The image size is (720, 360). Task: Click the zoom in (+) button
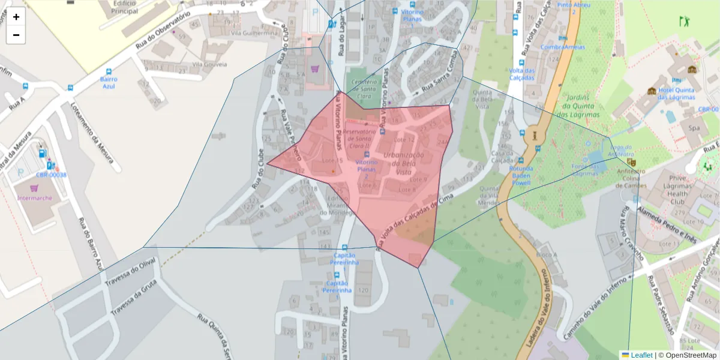pos(16,17)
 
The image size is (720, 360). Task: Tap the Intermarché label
pos(35,198)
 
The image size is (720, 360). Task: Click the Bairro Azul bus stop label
pos(109,82)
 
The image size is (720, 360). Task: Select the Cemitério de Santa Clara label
pos(363,88)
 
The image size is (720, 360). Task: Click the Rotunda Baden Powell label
pos(521,175)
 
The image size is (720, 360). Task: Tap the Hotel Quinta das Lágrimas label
pos(676,94)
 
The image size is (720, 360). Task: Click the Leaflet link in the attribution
pos(641,355)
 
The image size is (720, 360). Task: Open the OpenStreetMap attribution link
pos(688,355)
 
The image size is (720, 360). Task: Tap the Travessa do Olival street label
pos(130,271)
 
